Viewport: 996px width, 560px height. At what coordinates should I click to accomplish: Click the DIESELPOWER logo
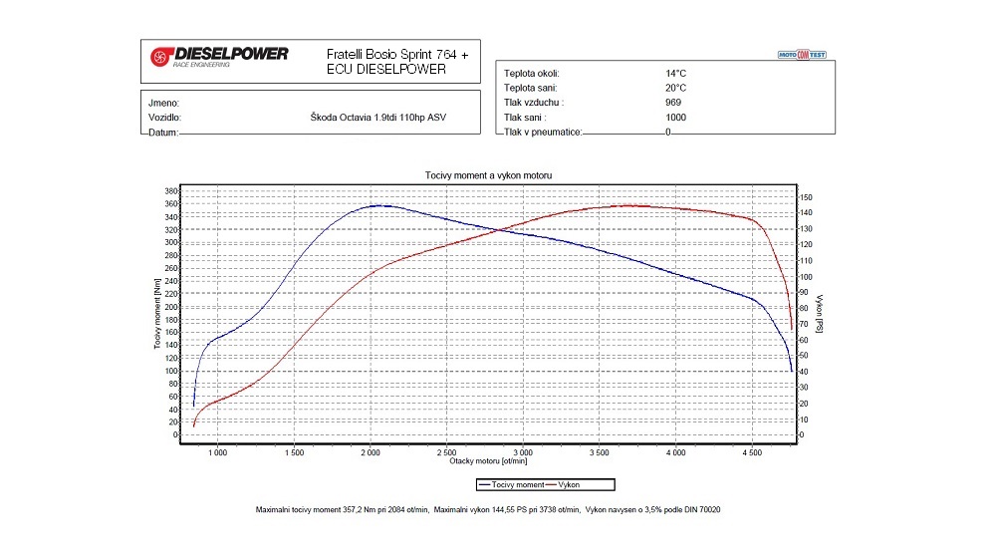point(218,55)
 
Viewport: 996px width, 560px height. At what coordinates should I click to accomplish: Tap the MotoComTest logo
point(802,54)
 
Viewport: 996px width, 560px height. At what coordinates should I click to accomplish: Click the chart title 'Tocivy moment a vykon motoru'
point(488,175)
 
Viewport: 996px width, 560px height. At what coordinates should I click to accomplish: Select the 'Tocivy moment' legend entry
point(510,484)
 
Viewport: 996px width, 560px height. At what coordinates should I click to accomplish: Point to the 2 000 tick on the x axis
point(371,452)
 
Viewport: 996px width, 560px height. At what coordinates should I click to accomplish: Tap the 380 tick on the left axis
point(170,190)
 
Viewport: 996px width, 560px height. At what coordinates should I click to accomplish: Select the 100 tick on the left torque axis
point(170,371)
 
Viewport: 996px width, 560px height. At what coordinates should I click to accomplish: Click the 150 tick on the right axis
point(807,197)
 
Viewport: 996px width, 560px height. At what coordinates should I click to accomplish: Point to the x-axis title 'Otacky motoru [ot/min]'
point(488,461)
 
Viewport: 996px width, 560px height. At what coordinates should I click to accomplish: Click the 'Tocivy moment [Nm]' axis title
point(156,313)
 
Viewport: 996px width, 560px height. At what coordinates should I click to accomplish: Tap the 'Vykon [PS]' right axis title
point(819,313)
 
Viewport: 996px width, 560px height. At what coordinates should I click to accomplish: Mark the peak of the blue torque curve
point(378,205)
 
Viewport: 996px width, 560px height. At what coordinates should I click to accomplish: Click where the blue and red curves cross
point(498,230)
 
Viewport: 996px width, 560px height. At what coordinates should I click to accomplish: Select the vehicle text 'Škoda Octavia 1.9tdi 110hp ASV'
point(378,118)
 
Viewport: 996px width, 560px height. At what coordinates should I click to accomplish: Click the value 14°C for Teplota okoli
point(675,74)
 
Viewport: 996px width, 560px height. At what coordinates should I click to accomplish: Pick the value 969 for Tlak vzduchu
point(674,103)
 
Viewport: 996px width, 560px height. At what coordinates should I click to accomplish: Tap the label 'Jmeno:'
point(162,103)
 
